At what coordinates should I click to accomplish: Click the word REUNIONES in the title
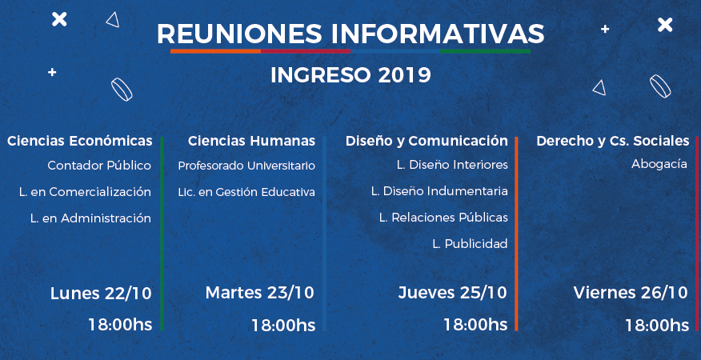[x=239, y=34]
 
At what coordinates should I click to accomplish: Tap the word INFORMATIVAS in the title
[x=438, y=34]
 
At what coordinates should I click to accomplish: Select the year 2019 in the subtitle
[x=405, y=75]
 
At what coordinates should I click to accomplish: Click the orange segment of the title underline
[x=215, y=51]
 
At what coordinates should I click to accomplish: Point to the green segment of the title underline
[x=485, y=51]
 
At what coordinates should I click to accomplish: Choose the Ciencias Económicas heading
[x=80, y=141]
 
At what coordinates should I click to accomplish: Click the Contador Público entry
[x=99, y=166]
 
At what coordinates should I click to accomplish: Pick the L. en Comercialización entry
[x=85, y=192]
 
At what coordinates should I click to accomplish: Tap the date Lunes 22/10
[x=101, y=294]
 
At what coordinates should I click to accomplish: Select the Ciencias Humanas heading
[x=252, y=141]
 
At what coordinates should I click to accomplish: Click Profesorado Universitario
[x=246, y=166]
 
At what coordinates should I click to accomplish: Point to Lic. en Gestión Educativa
[x=246, y=192]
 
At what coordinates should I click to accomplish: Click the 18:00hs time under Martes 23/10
[x=283, y=325]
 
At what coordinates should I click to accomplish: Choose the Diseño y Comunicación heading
[x=427, y=141]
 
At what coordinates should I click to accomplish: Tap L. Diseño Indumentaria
[x=439, y=191]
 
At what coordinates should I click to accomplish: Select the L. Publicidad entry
[x=471, y=244]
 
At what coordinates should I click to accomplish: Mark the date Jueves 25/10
[x=453, y=293]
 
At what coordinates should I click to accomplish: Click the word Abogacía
[x=659, y=164]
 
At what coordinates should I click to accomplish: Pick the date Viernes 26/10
[x=631, y=293]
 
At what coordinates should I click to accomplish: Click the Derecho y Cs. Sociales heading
[x=613, y=141]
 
